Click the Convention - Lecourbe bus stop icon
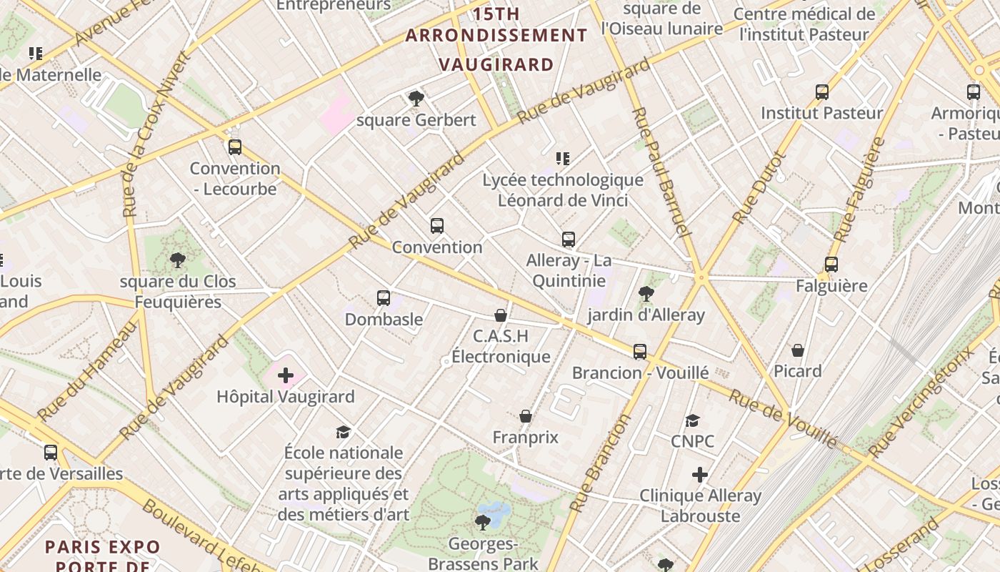[235, 147]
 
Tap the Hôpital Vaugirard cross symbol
[286, 375]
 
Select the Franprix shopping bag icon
[526, 416]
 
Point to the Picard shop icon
[798, 350]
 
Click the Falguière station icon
[831, 265]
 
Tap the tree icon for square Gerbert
[416, 98]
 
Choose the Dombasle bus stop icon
[384, 297]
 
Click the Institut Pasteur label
[821, 113]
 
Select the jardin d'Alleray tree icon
[646, 293]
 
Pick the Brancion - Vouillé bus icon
[640, 352]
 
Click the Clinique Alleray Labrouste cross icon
[700, 475]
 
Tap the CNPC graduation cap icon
[692, 420]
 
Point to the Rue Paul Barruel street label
[661, 172]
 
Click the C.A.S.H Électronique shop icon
[501, 315]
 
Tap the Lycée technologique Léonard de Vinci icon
[563, 159]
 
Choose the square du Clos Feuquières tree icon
[177, 260]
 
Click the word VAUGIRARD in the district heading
[496, 64]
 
